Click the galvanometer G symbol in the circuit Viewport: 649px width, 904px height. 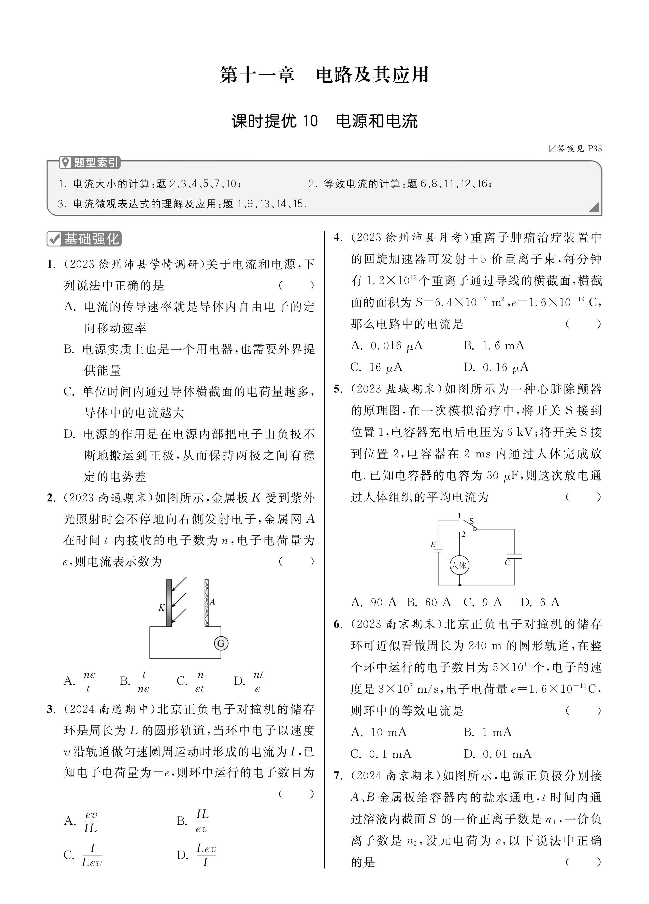coord(221,643)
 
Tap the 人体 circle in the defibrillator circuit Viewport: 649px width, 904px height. coord(459,565)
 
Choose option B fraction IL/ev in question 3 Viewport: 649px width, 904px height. coord(202,821)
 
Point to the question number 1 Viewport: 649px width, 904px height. coord(51,264)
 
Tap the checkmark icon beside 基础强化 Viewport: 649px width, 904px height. coord(54,239)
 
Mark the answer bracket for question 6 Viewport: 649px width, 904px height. coord(583,710)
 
